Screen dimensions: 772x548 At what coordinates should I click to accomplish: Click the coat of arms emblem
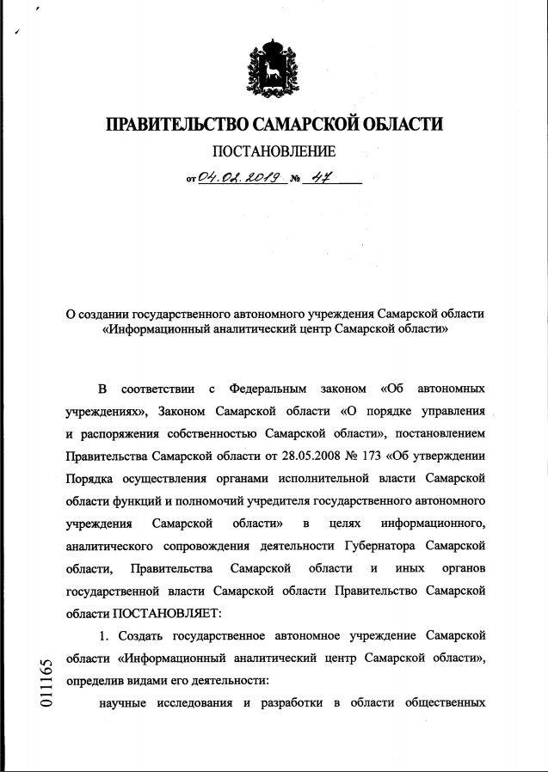pyautogui.click(x=274, y=66)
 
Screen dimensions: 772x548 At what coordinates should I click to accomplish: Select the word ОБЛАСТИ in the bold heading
pyautogui.click(x=400, y=124)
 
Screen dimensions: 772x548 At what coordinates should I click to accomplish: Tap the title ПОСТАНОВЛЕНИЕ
pyautogui.click(x=274, y=153)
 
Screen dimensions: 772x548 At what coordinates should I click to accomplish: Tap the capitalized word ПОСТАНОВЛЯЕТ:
pyautogui.click(x=166, y=614)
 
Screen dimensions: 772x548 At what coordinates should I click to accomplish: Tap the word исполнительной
pyautogui.click(x=330, y=478)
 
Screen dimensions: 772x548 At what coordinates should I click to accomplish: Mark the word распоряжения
pyautogui.click(x=126, y=432)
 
